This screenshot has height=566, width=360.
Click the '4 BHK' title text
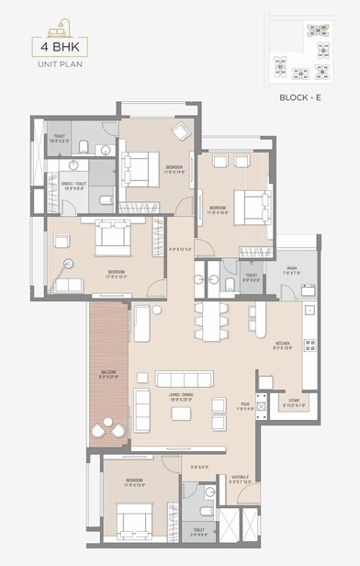54,46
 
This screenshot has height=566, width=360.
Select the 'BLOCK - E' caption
305,96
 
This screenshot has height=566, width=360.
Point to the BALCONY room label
108,373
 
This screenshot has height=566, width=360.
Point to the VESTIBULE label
241,478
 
